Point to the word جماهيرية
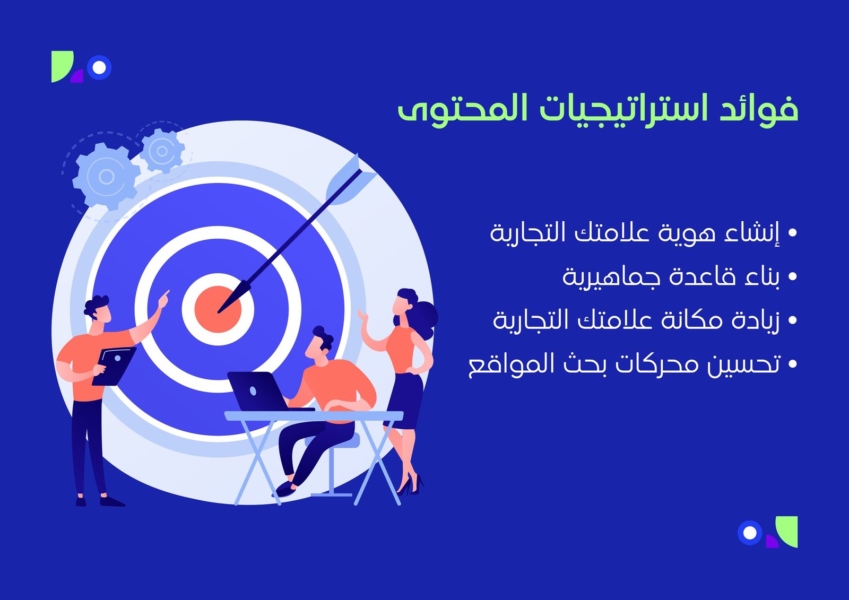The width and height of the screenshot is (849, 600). pos(611,277)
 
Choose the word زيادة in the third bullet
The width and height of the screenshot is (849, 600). pos(755,320)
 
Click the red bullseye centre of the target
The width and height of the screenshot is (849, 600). pos(218,309)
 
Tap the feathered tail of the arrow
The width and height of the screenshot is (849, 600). pos(351,179)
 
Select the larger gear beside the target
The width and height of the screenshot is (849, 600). pos(106,176)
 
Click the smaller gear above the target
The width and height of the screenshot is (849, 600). pos(162,151)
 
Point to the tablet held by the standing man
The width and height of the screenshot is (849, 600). pos(114,366)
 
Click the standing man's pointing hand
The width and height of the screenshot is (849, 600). pos(164,299)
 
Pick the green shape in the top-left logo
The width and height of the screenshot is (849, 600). pos(62,66)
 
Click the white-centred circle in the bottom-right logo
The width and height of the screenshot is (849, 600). pos(749,533)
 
